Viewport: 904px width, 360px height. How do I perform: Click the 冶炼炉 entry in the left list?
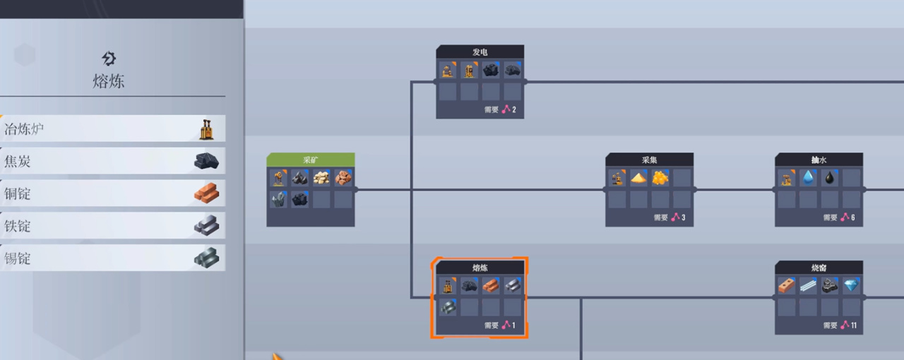click(113, 129)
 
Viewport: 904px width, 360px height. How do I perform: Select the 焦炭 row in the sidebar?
click(113, 161)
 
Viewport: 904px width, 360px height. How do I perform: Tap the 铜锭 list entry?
click(113, 193)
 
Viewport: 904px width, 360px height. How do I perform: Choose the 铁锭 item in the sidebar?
click(113, 226)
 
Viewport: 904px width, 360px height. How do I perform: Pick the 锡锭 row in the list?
click(113, 258)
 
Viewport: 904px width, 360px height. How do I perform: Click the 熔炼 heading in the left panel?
click(109, 80)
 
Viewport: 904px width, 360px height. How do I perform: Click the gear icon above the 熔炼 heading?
click(109, 58)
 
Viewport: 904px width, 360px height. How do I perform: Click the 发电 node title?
click(480, 52)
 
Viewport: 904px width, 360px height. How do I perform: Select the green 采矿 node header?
click(311, 160)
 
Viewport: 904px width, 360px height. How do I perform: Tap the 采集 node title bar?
click(649, 160)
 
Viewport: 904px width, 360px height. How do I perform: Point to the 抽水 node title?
click(819, 160)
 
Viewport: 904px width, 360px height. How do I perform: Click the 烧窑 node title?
click(819, 268)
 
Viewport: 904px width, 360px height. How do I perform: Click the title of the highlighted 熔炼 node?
click(480, 268)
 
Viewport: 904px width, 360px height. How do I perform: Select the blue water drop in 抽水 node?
click(809, 178)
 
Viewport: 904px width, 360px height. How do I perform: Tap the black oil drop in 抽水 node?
click(830, 178)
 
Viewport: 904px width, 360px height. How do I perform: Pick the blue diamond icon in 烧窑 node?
click(851, 286)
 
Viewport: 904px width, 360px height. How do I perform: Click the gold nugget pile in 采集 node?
click(660, 178)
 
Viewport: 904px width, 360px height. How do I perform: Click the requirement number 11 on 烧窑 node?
click(853, 325)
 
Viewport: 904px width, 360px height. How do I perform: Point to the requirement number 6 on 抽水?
click(852, 217)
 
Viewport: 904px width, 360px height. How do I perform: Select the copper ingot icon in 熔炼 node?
click(491, 286)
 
